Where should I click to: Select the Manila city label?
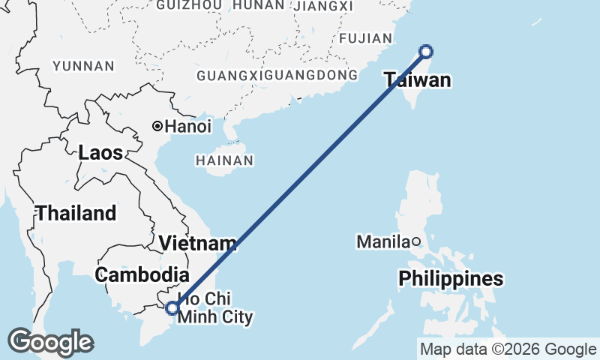pyautogui.click(x=382, y=241)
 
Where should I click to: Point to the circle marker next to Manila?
pyautogui.click(x=415, y=241)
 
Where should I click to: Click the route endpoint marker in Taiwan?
pyautogui.click(x=426, y=52)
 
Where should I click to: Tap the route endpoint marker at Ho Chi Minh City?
pyautogui.click(x=172, y=307)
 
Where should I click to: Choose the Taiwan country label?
pyautogui.click(x=418, y=79)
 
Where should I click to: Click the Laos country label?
pyautogui.click(x=100, y=153)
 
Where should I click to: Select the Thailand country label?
pyautogui.click(x=76, y=213)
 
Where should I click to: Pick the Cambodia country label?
pyautogui.click(x=141, y=274)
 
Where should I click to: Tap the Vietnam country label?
pyautogui.click(x=198, y=244)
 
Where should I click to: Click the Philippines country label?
pyautogui.click(x=451, y=279)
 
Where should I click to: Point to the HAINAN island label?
pyautogui.click(x=223, y=160)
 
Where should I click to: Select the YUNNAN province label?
pyautogui.click(x=83, y=66)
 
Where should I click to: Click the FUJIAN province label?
pyautogui.click(x=366, y=38)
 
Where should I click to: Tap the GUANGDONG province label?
pyautogui.click(x=318, y=76)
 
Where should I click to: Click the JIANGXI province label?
pyautogui.click(x=324, y=6)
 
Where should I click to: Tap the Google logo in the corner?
pyautogui.click(x=50, y=342)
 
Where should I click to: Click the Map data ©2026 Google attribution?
pyautogui.click(x=508, y=349)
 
